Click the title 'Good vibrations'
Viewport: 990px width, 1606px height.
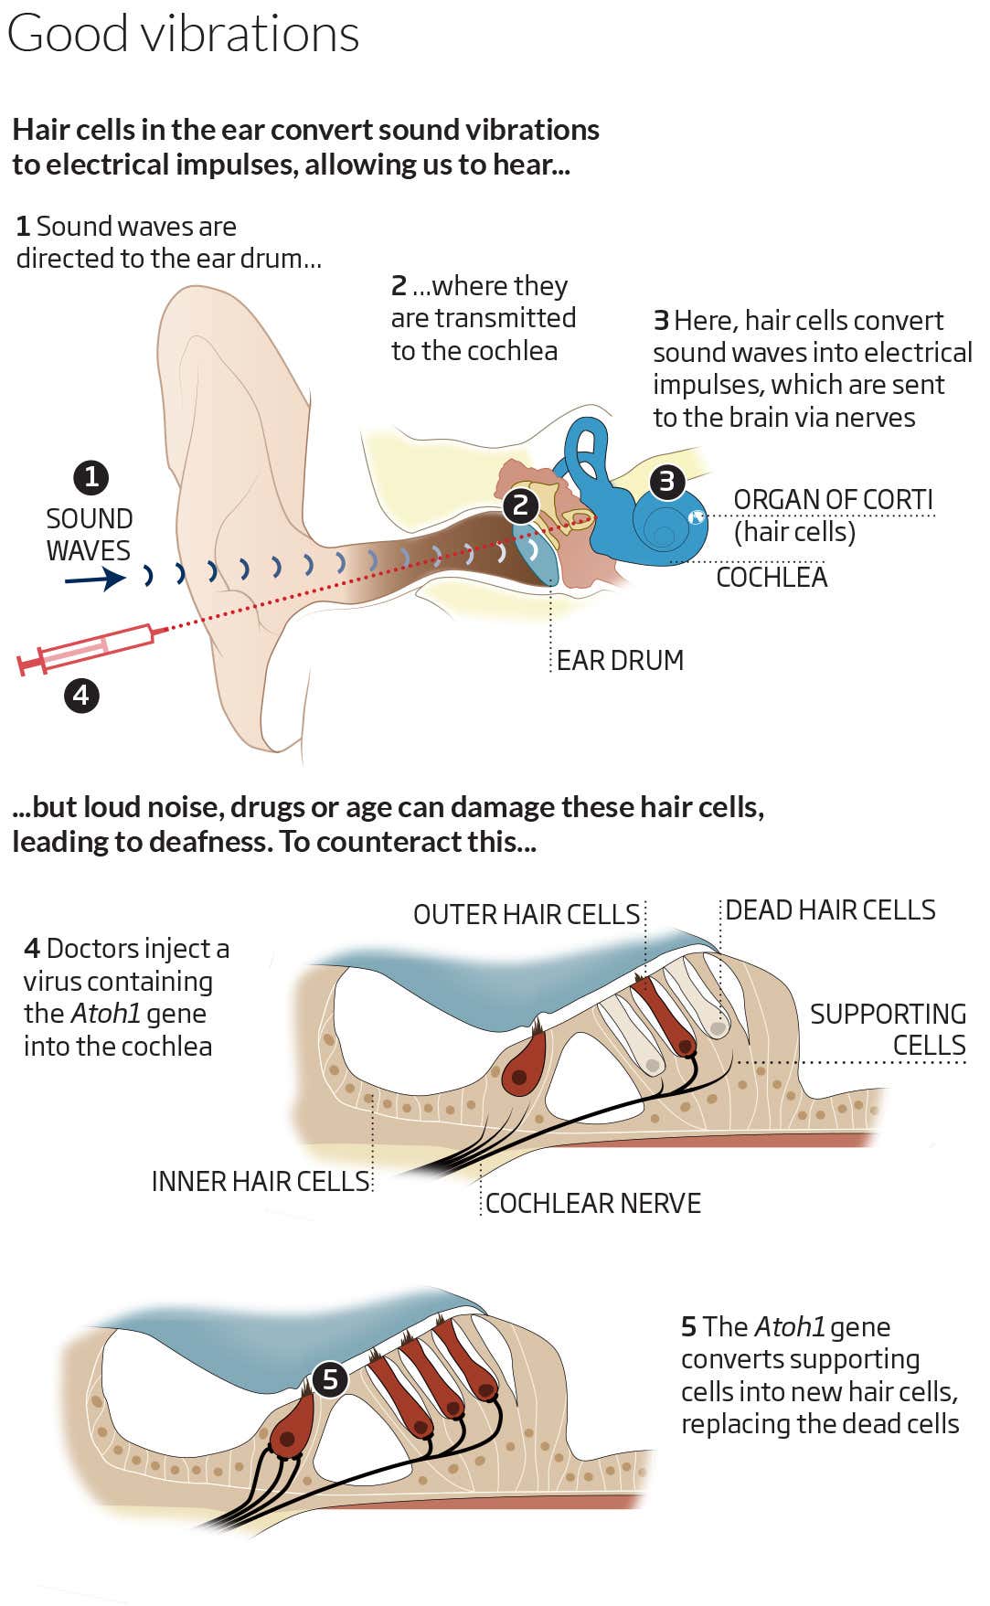click(183, 35)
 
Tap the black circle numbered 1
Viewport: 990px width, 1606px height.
click(90, 476)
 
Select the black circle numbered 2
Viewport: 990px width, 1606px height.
click(520, 505)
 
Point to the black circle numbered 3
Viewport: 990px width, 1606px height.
click(666, 481)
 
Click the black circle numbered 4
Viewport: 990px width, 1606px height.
click(81, 696)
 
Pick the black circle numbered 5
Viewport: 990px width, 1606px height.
click(329, 1379)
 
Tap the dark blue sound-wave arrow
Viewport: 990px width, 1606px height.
click(95, 579)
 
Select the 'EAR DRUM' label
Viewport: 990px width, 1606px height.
click(620, 660)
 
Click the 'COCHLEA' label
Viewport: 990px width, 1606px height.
click(772, 578)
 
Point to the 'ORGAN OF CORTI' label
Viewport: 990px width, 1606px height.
click(833, 500)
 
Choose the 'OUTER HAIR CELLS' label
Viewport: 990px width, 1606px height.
click(526, 914)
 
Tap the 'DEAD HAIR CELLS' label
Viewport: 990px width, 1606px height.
click(830, 910)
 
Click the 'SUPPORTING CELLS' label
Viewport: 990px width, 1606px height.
click(888, 1029)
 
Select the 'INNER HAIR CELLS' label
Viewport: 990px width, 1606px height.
click(261, 1181)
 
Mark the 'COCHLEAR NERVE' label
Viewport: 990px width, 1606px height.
click(592, 1203)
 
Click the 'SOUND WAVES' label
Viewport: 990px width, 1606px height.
click(89, 535)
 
